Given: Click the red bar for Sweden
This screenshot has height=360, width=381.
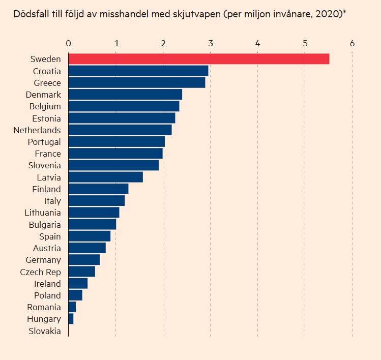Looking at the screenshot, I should [199, 59].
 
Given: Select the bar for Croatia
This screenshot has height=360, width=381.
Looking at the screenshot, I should [138, 71].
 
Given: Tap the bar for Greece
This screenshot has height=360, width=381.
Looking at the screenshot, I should [137, 83].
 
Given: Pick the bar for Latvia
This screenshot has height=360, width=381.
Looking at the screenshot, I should [106, 177].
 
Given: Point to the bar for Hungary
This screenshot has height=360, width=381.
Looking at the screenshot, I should [71, 319].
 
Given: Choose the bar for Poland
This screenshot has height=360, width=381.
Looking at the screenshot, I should [75, 295].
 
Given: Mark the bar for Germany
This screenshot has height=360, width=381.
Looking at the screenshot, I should [84, 260].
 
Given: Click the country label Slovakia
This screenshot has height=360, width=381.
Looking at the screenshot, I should [45, 331].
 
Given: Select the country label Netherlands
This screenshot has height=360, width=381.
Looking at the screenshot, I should [37, 130].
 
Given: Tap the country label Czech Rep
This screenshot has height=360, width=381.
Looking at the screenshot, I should [40, 272].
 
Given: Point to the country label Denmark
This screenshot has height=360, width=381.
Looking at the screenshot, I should [43, 95].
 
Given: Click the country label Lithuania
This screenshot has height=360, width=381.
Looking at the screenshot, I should [43, 213].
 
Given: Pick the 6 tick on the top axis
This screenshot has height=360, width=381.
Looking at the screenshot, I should [352, 44].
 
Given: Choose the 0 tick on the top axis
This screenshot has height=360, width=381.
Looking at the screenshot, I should [69, 44].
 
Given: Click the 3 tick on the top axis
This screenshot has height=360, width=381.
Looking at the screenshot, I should [210, 44].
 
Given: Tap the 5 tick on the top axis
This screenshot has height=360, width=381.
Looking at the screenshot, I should [305, 44].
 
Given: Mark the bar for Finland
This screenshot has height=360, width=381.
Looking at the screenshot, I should [98, 189].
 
